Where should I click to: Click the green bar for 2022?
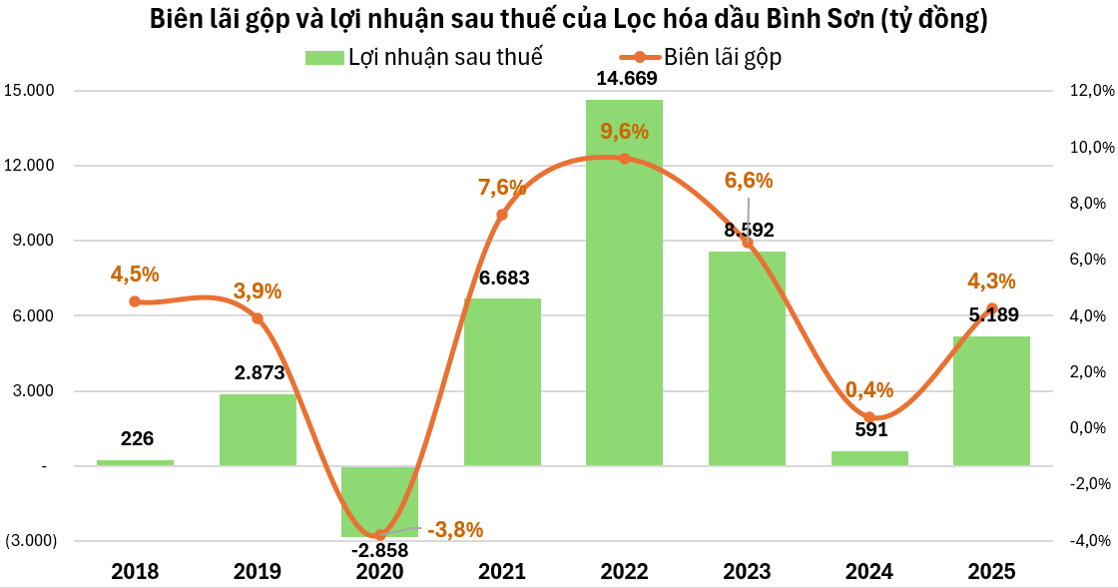(x=624, y=299)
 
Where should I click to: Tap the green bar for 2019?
(x=258, y=429)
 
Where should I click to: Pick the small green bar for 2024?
(x=868, y=458)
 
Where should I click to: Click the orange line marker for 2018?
(x=135, y=301)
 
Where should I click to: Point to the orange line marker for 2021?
(x=502, y=215)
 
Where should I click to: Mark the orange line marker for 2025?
(x=991, y=308)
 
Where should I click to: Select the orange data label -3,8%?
(x=455, y=530)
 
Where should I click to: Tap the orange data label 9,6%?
(x=625, y=131)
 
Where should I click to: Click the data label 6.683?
(x=502, y=278)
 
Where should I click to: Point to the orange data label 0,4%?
(x=869, y=390)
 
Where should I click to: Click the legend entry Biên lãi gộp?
(x=722, y=57)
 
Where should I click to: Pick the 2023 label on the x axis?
(x=747, y=572)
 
